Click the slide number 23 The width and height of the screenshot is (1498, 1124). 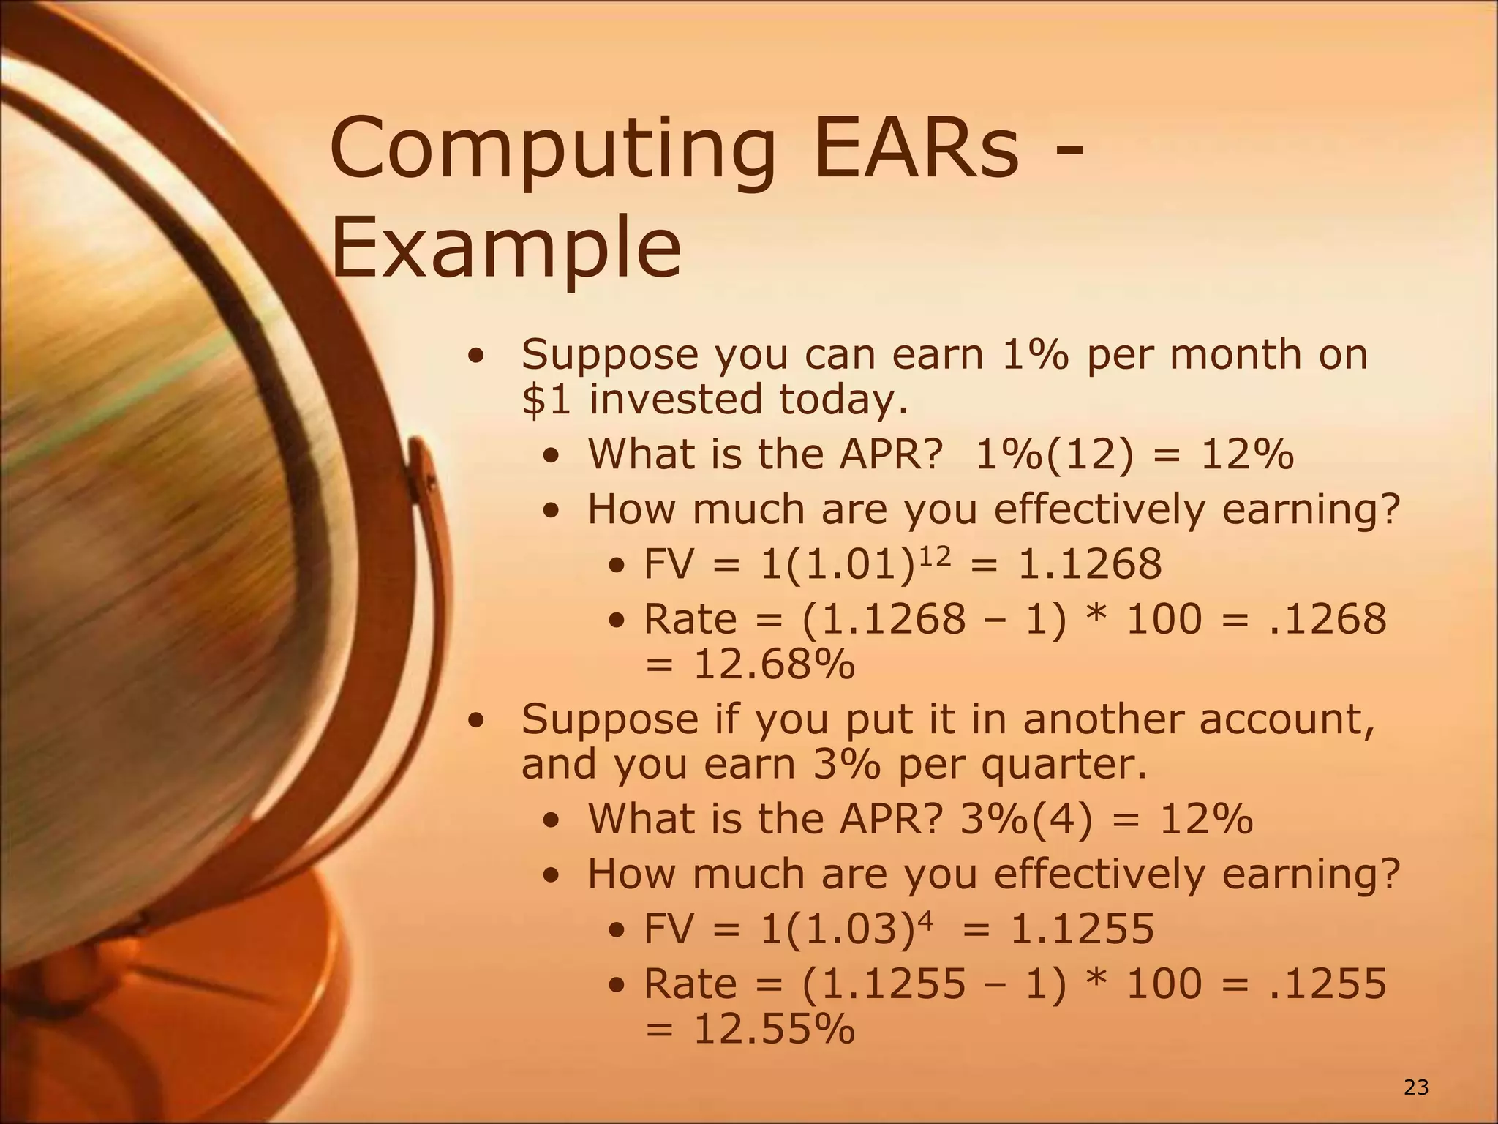pos(1416,1088)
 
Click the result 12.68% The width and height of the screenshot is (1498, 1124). pos(774,665)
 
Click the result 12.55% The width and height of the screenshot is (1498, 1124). pos(774,1029)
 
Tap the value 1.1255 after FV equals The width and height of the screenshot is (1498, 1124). pos(1082,929)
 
